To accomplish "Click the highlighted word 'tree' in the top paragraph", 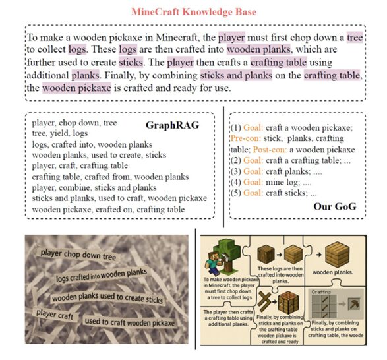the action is [353, 37].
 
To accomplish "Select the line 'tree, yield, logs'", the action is [63, 133].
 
